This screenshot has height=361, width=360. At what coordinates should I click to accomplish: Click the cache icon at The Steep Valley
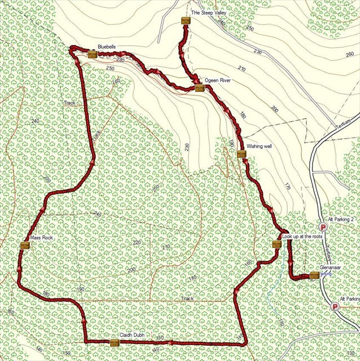pyautogui.click(x=186, y=21)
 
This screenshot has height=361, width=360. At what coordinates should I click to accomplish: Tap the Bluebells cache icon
pyautogui.click(x=93, y=55)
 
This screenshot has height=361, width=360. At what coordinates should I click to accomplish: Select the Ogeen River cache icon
pyautogui.click(x=199, y=88)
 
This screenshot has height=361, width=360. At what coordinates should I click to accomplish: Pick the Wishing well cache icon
pyautogui.click(x=242, y=154)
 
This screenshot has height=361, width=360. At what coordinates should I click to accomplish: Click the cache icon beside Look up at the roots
pyautogui.click(x=276, y=244)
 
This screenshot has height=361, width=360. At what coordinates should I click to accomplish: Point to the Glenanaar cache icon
pyautogui.click(x=314, y=276)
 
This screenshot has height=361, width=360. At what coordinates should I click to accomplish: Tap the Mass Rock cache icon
pyautogui.click(x=25, y=245)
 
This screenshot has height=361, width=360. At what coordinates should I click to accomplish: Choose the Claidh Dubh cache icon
pyautogui.click(x=115, y=342)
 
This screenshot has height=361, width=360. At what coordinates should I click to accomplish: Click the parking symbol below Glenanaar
pyautogui.click(x=334, y=307)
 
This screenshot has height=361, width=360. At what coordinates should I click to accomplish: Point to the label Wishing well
pyautogui.click(x=260, y=146)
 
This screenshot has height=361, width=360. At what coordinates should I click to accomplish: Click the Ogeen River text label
pyautogui.click(x=218, y=81)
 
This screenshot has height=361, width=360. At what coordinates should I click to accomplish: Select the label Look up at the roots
pyautogui.click(x=302, y=236)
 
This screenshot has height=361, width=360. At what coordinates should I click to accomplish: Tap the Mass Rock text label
pyautogui.click(x=42, y=239)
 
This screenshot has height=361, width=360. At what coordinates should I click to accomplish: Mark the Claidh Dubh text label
pyautogui.click(x=131, y=335)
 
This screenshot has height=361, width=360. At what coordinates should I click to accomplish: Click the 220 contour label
pyautogui.click(x=136, y=242)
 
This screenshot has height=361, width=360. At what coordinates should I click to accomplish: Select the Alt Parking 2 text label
pyautogui.click(x=340, y=219)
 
